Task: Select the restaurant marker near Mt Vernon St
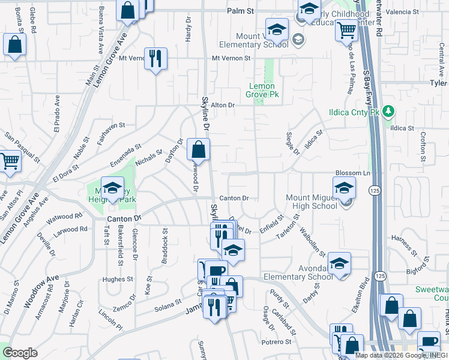[x=155, y=59]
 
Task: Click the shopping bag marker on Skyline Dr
[x=198, y=149]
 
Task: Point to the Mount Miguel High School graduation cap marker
[x=345, y=188]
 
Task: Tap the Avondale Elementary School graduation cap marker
[x=339, y=263]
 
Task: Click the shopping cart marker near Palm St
[x=346, y=29]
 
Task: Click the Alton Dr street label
[x=221, y=105]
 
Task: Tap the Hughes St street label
[x=117, y=279]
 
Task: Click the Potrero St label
[x=276, y=342]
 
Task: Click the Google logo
[x=20, y=352]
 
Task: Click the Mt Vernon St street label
[x=231, y=58]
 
